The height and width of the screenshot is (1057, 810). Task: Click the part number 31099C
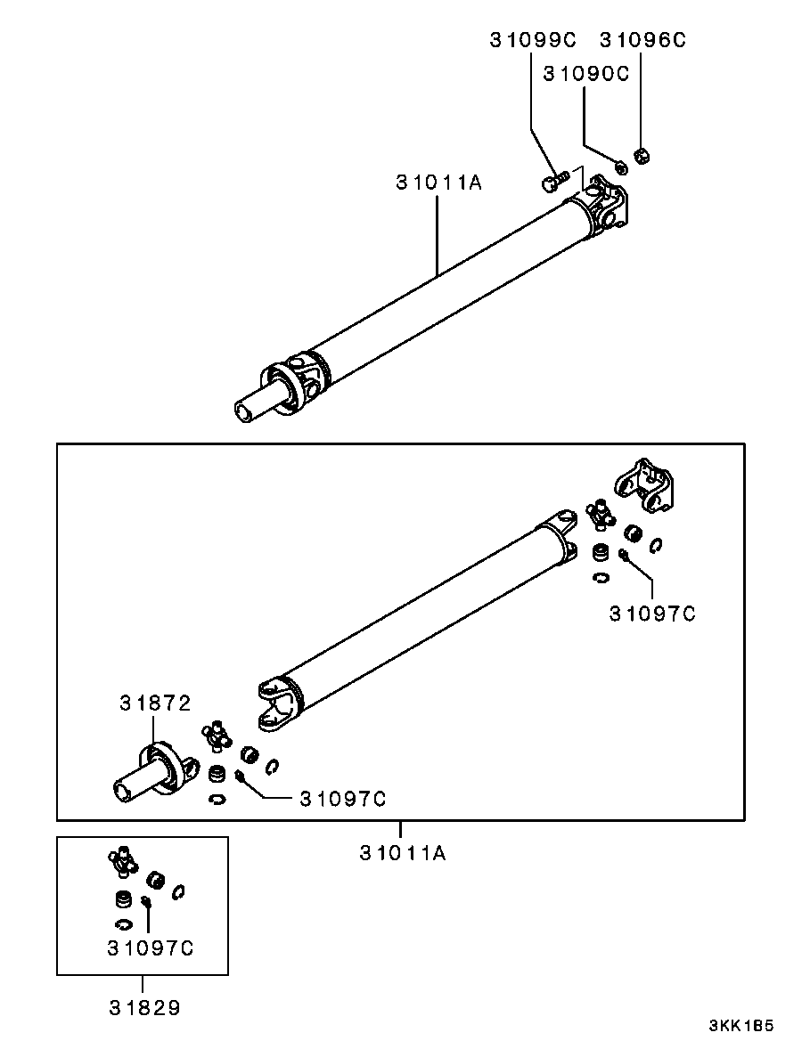[533, 40]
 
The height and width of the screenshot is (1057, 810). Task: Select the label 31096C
[642, 40]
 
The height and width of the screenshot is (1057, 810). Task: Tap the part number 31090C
[586, 74]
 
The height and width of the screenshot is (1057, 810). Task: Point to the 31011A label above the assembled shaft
[439, 183]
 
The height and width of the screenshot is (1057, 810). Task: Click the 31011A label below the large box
[403, 853]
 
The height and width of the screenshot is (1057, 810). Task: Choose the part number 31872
[155, 703]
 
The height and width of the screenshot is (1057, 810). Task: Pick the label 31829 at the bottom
[144, 1008]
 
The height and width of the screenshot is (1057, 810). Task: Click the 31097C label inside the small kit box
[151, 948]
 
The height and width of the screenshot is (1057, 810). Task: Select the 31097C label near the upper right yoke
[652, 614]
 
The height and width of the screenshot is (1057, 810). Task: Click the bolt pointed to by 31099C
[555, 181]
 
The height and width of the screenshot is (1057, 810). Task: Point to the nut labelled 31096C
[642, 156]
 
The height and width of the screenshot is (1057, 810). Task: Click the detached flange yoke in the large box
[644, 484]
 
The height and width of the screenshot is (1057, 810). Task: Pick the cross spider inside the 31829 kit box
[121, 860]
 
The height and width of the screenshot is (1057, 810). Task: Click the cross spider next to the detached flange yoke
[599, 515]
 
